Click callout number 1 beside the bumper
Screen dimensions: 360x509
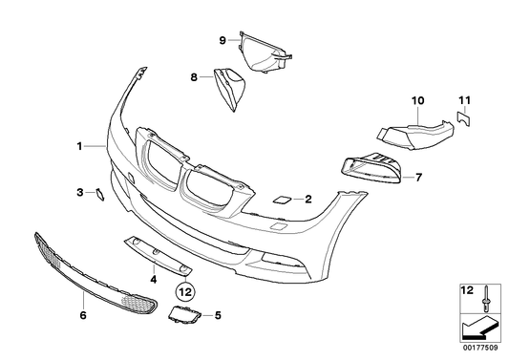pos(81,146)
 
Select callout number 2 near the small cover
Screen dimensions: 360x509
pos(308,200)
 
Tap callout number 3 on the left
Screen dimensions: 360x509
pos(80,193)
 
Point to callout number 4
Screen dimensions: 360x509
pos(153,280)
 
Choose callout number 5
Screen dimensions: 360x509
pos(218,314)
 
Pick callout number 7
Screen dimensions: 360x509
pos(417,177)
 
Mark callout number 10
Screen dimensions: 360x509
pos(416,99)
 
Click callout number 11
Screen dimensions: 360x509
pos(464,99)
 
